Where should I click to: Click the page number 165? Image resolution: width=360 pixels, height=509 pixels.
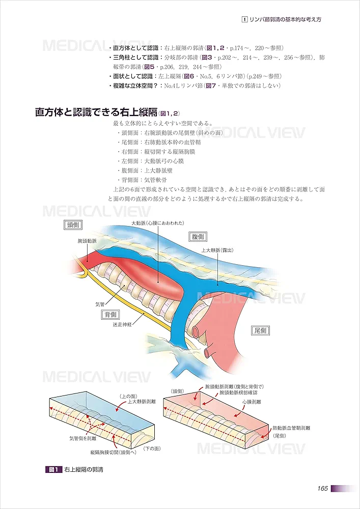321,489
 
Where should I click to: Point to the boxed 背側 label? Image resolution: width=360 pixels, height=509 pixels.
110,315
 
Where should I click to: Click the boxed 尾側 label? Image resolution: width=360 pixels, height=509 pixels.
260,331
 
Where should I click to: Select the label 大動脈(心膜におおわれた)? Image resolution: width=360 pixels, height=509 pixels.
157,223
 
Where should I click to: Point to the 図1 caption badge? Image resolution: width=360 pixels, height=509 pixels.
53,469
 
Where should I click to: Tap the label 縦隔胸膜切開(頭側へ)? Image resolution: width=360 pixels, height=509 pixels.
113,452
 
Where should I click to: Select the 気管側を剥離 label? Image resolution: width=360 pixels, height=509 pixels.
85,437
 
